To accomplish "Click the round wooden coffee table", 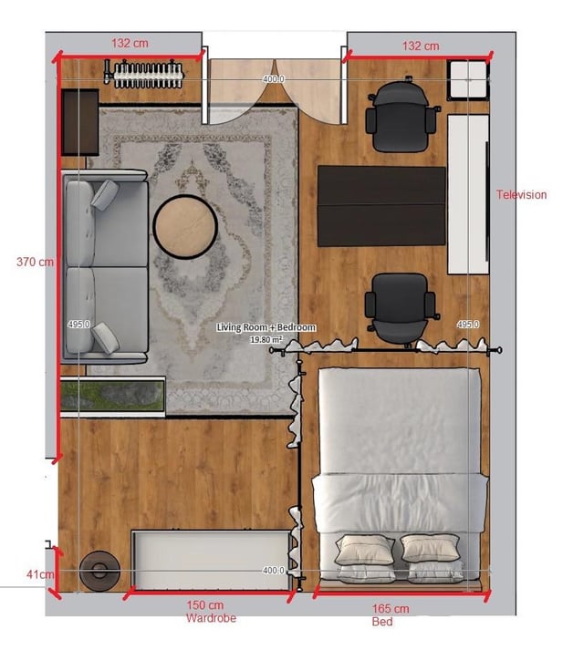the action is pyautogui.click(x=185, y=227).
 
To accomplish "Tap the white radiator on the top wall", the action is pyautogui.click(x=145, y=74).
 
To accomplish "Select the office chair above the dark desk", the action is pyautogui.click(x=401, y=116).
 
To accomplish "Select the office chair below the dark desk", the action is pyautogui.click(x=401, y=308).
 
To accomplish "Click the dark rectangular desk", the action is pyautogui.click(x=381, y=206).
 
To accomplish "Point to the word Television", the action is pyautogui.click(x=521, y=194).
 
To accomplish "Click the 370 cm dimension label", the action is pyautogui.click(x=35, y=262).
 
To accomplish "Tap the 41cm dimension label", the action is pyautogui.click(x=40, y=574).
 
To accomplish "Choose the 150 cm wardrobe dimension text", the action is pyautogui.click(x=204, y=605).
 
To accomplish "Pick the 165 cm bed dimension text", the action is pyautogui.click(x=391, y=609).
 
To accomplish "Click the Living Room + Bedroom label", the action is pyautogui.click(x=266, y=327).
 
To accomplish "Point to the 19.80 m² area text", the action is pyautogui.click(x=266, y=339).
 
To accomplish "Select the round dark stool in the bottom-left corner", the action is pyautogui.click(x=99, y=571).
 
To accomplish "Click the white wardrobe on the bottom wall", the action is pyautogui.click(x=212, y=559).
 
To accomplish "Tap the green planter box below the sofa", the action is pyautogui.click(x=112, y=397).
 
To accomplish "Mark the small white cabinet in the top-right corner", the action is pyautogui.click(x=468, y=80).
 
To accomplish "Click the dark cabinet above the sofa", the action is pyautogui.click(x=80, y=122).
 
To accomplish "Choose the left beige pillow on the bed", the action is pyautogui.click(x=364, y=550).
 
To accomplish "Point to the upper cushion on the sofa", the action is pyautogui.click(x=105, y=193).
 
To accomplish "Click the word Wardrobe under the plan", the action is pyautogui.click(x=211, y=618).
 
